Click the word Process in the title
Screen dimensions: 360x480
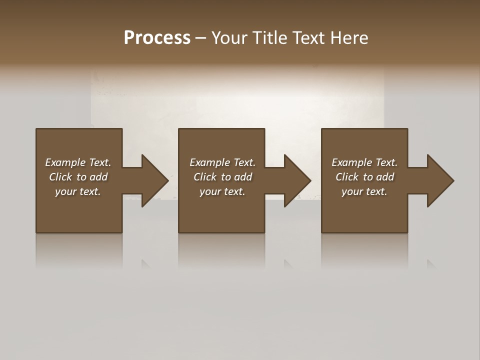(x=157, y=38)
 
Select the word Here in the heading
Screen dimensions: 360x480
(x=349, y=38)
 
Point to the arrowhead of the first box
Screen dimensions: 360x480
(x=154, y=180)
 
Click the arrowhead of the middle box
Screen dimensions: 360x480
(x=297, y=180)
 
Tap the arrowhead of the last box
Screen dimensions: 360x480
(x=440, y=180)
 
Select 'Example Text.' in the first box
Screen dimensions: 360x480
(x=78, y=162)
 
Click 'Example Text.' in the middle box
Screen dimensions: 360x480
(x=222, y=162)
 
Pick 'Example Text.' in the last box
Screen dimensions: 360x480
(x=364, y=162)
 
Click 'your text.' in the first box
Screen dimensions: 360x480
(x=78, y=191)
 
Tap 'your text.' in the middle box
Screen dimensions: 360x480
(x=222, y=191)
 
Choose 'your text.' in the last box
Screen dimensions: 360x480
(x=364, y=191)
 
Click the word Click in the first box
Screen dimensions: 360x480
(x=60, y=177)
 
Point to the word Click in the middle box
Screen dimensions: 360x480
(x=205, y=177)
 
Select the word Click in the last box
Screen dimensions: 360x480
(x=347, y=177)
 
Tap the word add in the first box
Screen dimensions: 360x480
(x=99, y=177)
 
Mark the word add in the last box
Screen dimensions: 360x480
(x=385, y=177)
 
